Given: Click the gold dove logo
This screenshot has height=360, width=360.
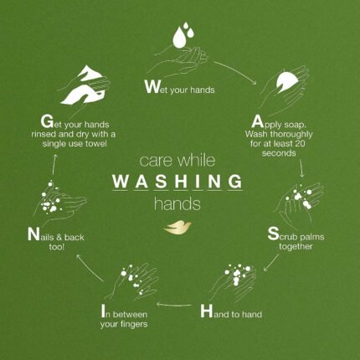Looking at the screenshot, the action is click(177, 227).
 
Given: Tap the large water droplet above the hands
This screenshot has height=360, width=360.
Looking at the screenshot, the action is click(179, 37).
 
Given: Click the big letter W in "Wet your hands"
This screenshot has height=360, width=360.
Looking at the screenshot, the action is click(152, 87).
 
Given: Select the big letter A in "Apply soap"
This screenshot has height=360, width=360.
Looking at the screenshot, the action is click(257, 121).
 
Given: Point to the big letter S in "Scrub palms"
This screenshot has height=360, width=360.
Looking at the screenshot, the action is click(273, 234).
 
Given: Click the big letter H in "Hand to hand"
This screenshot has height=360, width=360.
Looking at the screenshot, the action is click(207, 311).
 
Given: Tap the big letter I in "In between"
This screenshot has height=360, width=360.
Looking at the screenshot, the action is click(103, 311).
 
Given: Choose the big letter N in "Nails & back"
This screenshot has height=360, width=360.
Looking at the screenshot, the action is click(33, 234).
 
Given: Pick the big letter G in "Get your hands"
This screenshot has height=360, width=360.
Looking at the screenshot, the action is click(47, 121).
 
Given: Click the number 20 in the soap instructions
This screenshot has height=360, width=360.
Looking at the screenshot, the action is click(298, 143).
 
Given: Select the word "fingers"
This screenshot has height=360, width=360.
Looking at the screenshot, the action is click(134, 324).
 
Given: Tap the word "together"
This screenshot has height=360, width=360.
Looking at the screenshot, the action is click(296, 246).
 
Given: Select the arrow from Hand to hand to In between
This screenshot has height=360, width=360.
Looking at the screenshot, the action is click(174, 305).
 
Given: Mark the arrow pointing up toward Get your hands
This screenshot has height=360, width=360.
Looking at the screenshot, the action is click(54, 165).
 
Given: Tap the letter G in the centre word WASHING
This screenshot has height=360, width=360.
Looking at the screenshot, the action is click(235, 181).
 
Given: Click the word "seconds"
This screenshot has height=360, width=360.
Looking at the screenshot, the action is click(279, 153).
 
